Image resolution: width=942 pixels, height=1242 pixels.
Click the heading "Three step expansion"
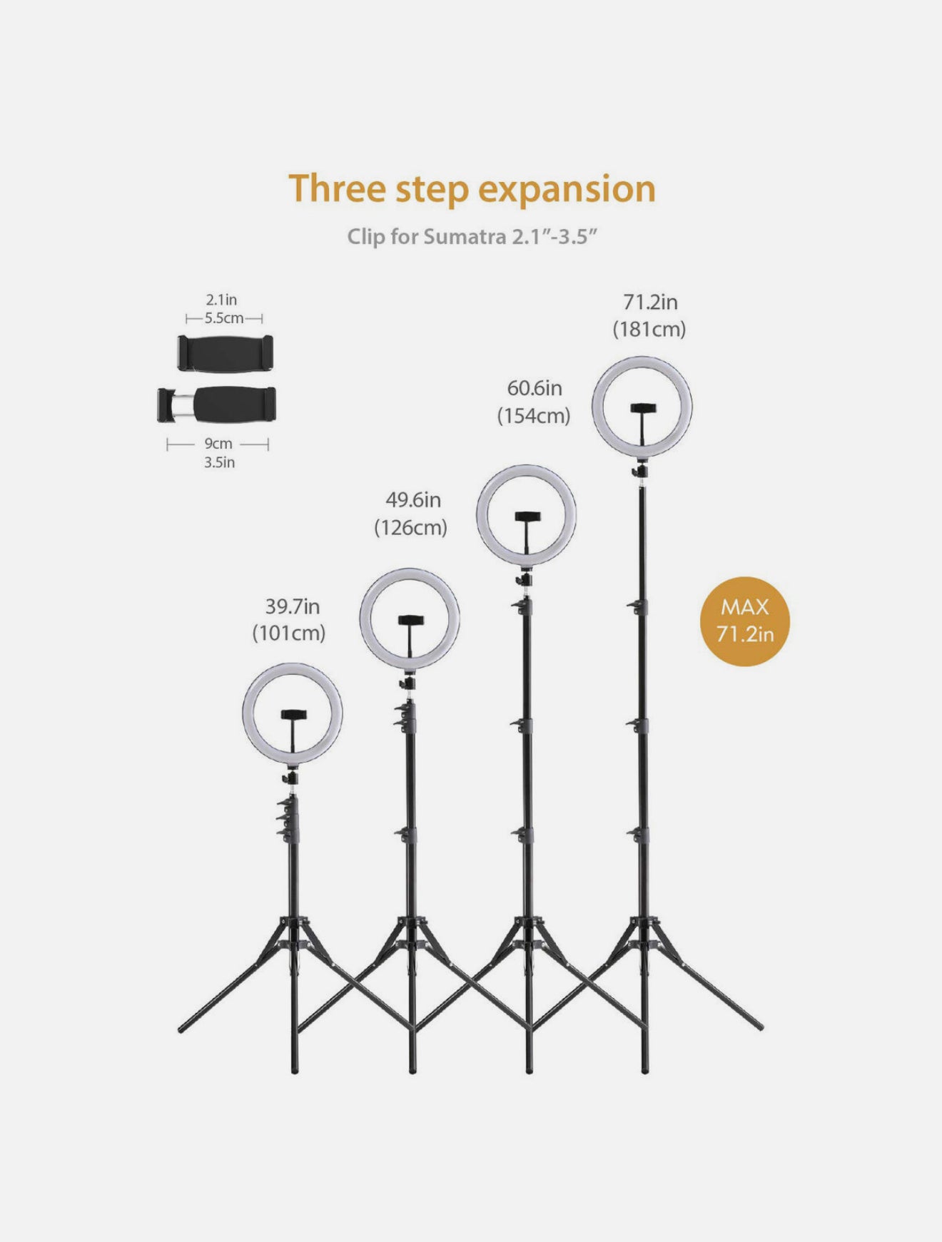pyautogui.click(x=472, y=190)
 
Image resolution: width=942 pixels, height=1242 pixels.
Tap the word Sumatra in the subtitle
pyautogui.click(x=465, y=237)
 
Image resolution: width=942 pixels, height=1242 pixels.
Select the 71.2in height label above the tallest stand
pyautogui.click(x=650, y=302)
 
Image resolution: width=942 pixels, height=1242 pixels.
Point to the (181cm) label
pyautogui.click(x=649, y=330)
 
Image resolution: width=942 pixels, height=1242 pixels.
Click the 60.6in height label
pyautogui.click(x=535, y=389)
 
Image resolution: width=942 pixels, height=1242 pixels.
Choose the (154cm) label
pyautogui.click(x=534, y=416)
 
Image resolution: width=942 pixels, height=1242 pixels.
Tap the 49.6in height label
pyautogui.click(x=413, y=500)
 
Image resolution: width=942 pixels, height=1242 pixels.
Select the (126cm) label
pyautogui.click(x=411, y=528)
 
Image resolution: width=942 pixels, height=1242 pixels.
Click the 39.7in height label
pyautogui.click(x=293, y=607)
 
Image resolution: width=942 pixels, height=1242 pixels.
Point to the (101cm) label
pyautogui.click(x=289, y=633)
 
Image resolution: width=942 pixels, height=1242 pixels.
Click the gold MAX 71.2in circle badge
pyautogui.click(x=745, y=621)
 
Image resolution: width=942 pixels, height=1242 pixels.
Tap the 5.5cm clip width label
pyautogui.click(x=224, y=318)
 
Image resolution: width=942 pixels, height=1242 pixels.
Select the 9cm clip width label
pyautogui.click(x=218, y=444)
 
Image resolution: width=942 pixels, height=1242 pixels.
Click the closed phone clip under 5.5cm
pyautogui.click(x=226, y=353)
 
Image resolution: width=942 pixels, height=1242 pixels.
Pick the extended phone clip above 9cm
pyautogui.click(x=217, y=404)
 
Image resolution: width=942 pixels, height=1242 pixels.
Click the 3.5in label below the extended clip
pyautogui.click(x=220, y=463)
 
